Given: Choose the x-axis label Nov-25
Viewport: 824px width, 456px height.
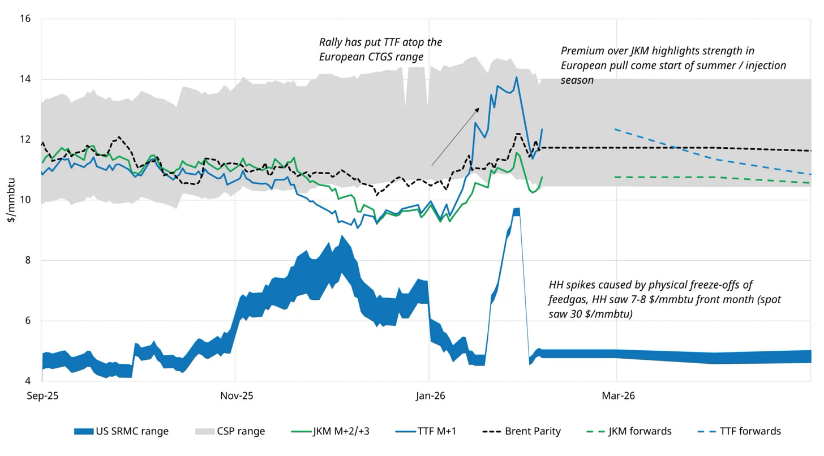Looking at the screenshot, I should [235, 396].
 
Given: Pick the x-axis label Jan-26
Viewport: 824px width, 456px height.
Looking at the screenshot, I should [430, 396].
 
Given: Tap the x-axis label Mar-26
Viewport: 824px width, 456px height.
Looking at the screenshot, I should [617, 396].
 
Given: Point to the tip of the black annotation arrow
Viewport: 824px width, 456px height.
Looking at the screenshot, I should [479, 107].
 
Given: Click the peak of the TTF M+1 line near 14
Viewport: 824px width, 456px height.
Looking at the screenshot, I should [516, 77].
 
